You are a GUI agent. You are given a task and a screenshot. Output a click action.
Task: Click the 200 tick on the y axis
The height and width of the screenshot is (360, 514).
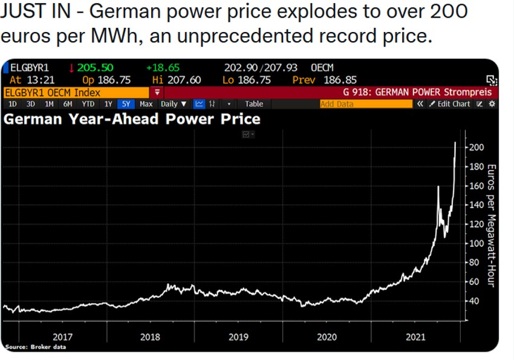476,147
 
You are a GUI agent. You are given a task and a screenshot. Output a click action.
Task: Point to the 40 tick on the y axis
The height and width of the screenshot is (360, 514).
474,301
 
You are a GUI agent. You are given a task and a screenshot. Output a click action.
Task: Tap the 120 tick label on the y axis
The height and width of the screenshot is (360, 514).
476,224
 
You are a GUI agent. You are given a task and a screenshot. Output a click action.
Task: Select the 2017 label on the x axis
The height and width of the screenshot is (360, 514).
62,336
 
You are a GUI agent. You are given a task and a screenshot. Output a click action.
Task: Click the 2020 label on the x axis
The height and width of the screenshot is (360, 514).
327,336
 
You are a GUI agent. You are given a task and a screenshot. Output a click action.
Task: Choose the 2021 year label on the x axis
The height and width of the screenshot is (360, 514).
415,336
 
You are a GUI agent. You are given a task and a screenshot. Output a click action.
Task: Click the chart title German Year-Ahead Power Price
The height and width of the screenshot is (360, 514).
132,119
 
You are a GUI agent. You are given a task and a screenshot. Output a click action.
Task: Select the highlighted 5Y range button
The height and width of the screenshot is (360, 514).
126,104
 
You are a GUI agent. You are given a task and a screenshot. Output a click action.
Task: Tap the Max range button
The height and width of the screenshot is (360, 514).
146,104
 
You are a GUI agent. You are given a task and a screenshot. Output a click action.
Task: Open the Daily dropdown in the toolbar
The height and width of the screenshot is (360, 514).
174,104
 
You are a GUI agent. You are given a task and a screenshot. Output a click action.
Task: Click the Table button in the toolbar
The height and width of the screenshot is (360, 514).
253,104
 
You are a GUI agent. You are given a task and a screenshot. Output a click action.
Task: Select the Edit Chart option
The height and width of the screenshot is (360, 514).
452,104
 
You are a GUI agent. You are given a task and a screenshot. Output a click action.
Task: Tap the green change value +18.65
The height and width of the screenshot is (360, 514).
163,68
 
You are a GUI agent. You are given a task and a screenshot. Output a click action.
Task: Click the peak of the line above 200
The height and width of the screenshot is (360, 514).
455,143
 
